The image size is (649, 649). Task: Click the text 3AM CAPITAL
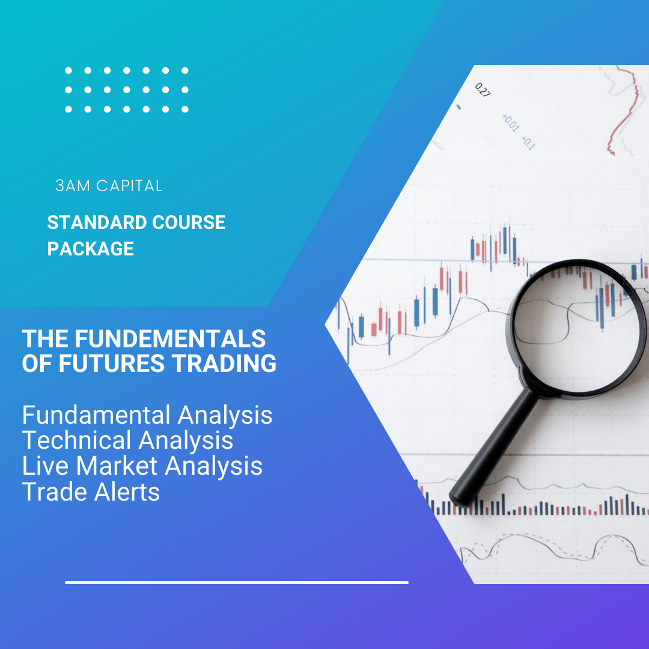pos(109,186)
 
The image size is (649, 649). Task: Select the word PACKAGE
pos(90,249)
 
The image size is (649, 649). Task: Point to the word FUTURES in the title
pos(112,363)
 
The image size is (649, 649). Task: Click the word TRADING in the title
pos(224,363)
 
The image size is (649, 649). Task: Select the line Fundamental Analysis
pos(147,415)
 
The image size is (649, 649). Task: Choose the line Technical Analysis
pos(127,440)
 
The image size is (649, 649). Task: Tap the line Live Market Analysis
pos(142,466)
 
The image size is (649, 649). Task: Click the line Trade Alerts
pos(91,492)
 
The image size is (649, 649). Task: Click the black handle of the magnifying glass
pos(493,448)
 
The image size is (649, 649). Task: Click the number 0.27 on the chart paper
pos(482,90)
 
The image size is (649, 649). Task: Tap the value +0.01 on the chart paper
pos(510,123)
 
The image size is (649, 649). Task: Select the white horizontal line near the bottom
pos(237,582)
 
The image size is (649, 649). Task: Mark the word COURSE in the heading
pos(189,222)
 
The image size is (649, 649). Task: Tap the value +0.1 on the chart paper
pos(528,143)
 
